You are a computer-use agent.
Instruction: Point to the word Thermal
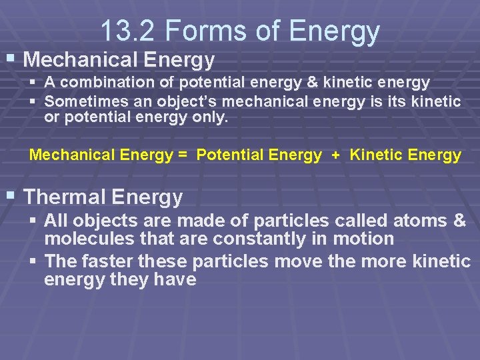[x=65, y=197]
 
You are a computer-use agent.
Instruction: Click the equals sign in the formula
[x=182, y=155]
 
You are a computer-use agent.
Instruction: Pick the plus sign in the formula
[x=335, y=155]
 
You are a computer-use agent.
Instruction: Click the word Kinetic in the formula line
[x=377, y=155]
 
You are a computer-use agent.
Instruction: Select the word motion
[x=363, y=239]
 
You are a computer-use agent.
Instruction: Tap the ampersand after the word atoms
[x=459, y=221]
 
